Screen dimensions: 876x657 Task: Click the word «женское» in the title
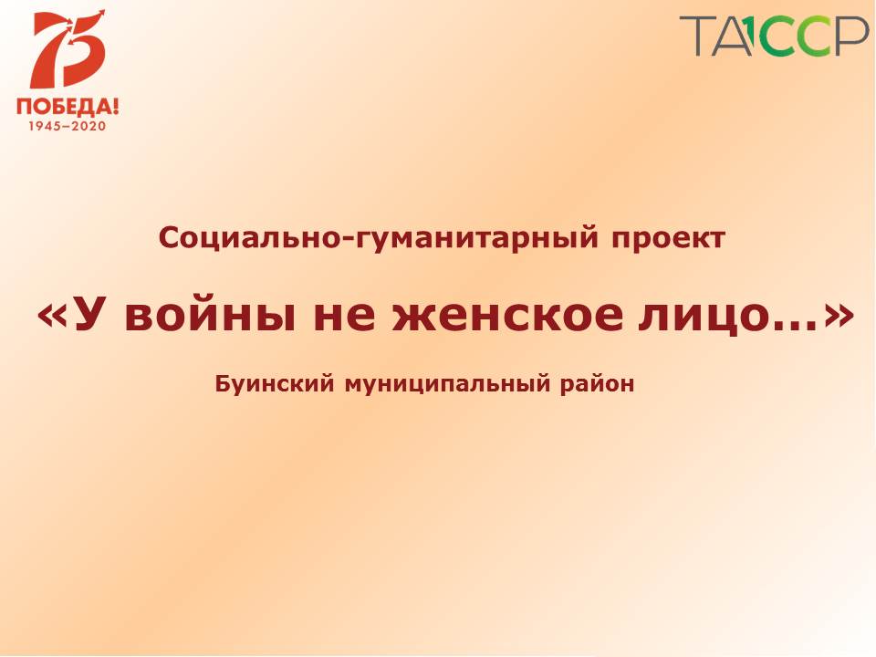(507, 316)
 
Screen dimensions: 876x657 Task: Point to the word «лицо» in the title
(698, 317)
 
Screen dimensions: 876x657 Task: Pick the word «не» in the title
(344, 316)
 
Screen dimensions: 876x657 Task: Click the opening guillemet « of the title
(53, 317)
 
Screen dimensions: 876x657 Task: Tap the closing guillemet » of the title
(839, 317)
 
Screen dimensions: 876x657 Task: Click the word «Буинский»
(275, 384)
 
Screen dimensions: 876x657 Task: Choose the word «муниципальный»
(447, 385)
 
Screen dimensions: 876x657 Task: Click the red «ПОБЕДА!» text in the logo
(68, 106)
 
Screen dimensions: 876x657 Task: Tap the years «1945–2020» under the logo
(67, 126)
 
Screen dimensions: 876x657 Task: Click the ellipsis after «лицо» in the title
(792, 326)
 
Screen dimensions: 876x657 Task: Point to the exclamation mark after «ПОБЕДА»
(116, 105)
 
